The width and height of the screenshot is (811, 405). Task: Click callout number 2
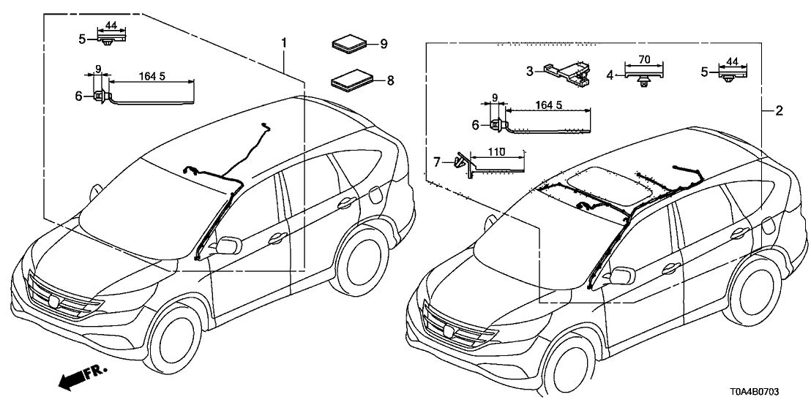coord(780,111)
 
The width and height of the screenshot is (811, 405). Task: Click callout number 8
coord(390,80)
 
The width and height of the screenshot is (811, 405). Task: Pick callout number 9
coord(383,44)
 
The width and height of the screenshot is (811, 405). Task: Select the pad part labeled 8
coord(351,79)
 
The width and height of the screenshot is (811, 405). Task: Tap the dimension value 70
coord(644,59)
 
